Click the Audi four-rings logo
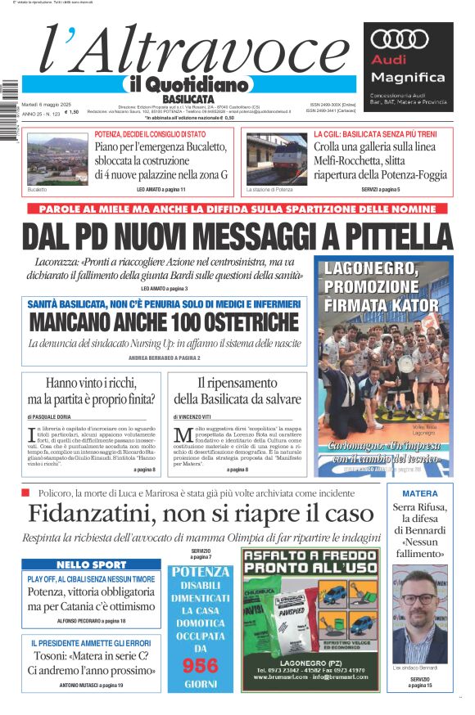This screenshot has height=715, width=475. [400, 39]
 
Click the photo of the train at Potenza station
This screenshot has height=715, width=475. [277, 159]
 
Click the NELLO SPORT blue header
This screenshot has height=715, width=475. [91, 564]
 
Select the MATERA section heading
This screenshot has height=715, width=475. [419, 493]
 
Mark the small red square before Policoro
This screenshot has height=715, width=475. [25, 492]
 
